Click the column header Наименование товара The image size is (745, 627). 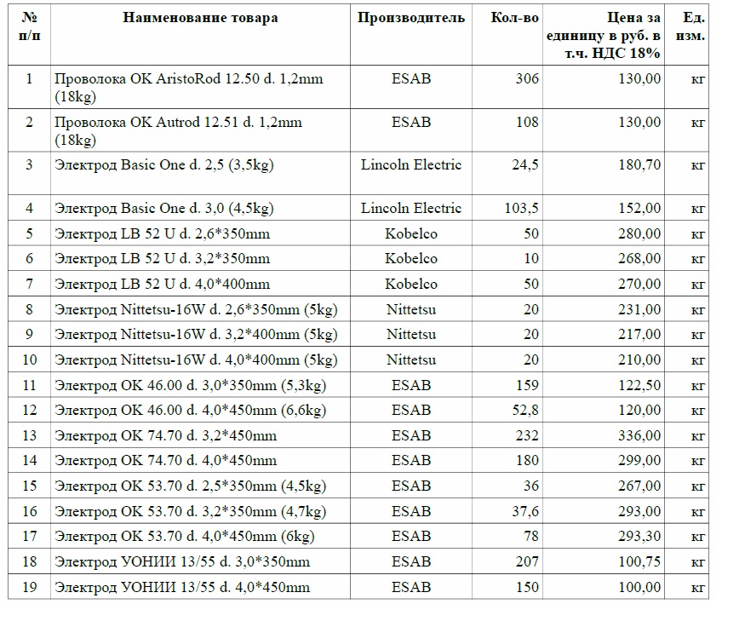click(200, 18)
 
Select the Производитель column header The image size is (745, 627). click(411, 18)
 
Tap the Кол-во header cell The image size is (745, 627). click(515, 18)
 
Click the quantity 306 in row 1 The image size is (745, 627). click(527, 78)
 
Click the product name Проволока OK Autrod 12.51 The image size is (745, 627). click(178, 122)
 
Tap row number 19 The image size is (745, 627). click(29, 587)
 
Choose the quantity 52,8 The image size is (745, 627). click(524, 410)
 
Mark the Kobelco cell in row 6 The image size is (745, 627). click(411, 258)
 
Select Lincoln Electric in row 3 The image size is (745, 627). click(411, 164)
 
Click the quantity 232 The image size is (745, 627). click(527, 435)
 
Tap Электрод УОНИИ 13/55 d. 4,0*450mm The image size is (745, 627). click(182, 587)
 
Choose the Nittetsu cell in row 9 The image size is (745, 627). click(411, 334)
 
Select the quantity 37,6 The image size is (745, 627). click(524, 511)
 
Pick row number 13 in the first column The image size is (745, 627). click(29, 435)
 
